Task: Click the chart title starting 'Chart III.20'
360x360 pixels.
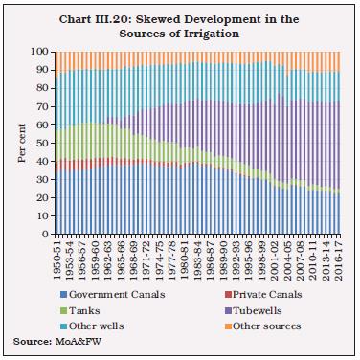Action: pos(180,18)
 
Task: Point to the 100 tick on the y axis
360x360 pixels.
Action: pos(42,50)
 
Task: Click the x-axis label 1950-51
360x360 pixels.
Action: pos(58,257)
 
